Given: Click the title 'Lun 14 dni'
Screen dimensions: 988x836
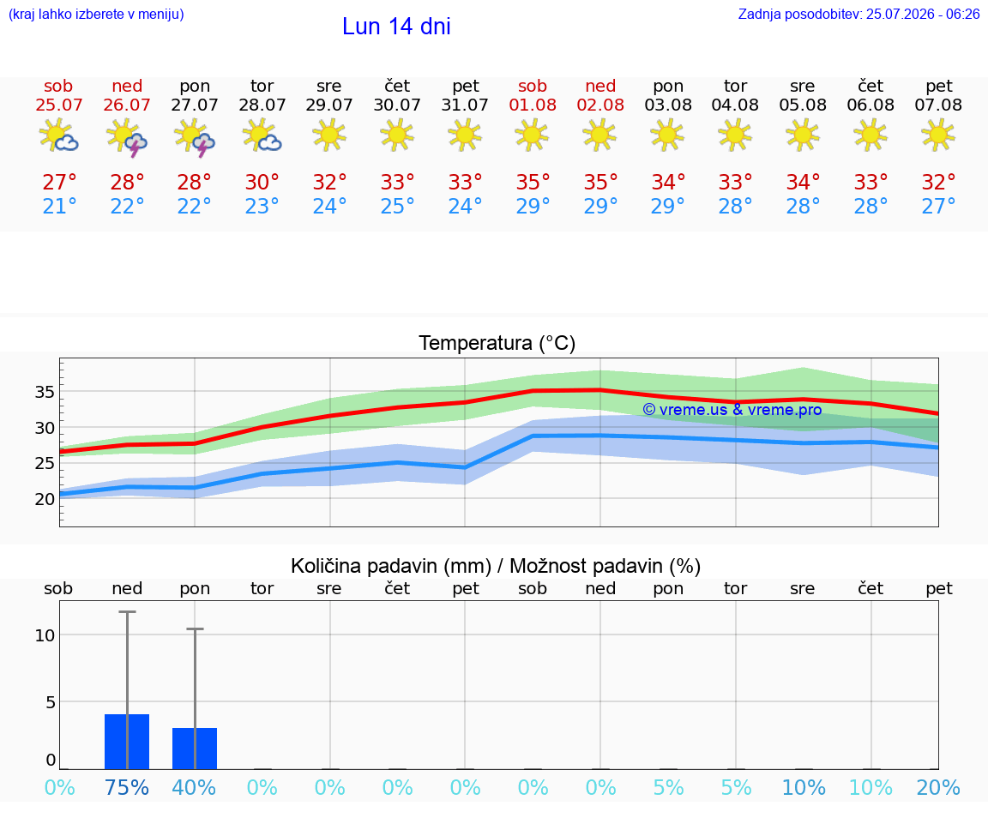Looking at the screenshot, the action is (x=396, y=27).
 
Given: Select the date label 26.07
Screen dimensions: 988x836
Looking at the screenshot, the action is (x=127, y=105).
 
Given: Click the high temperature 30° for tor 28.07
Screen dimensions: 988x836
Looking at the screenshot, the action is (x=262, y=183).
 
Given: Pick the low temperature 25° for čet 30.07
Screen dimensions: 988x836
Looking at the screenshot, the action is (x=397, y=207).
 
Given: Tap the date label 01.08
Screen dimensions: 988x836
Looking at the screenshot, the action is (x=533, y=105).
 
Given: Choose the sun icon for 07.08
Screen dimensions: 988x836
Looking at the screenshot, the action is (x=938, y=135).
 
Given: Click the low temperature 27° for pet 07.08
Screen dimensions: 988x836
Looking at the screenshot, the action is (x=938, y=207).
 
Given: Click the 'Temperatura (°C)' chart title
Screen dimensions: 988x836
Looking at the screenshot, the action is (x=497, y=343).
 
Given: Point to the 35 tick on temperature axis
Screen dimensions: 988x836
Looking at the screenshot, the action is (x=45, y=393).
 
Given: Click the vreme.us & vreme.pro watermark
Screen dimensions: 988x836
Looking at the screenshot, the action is (x=732, y=410).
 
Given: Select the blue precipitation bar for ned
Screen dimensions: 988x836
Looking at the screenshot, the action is (x=127, y=742).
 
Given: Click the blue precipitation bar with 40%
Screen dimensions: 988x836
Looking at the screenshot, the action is (x=195, y=749).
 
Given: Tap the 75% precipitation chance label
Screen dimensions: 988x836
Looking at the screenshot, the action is (x=127, y=788).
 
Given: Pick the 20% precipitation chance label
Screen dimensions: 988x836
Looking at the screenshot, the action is (x=938, y=788).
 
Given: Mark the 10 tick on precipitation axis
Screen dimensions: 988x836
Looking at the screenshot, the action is (x=45, y=635).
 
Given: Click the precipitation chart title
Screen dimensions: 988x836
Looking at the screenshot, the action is (x=496, y=567).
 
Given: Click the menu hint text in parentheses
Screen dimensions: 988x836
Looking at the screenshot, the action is (x=96, y=15).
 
